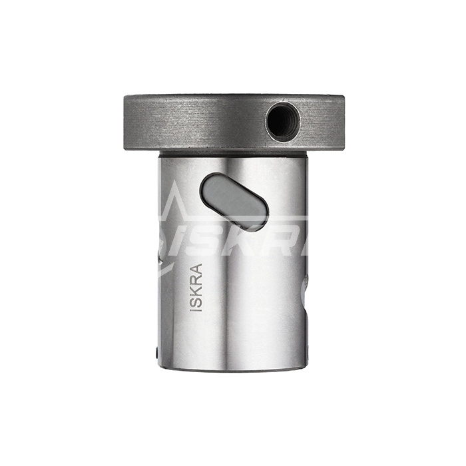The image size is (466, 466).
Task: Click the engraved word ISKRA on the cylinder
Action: point(196,288)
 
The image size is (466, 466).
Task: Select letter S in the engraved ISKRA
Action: point(196,301)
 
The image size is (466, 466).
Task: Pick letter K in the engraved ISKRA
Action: point(196,290)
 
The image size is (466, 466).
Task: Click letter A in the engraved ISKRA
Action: point(196,268)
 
